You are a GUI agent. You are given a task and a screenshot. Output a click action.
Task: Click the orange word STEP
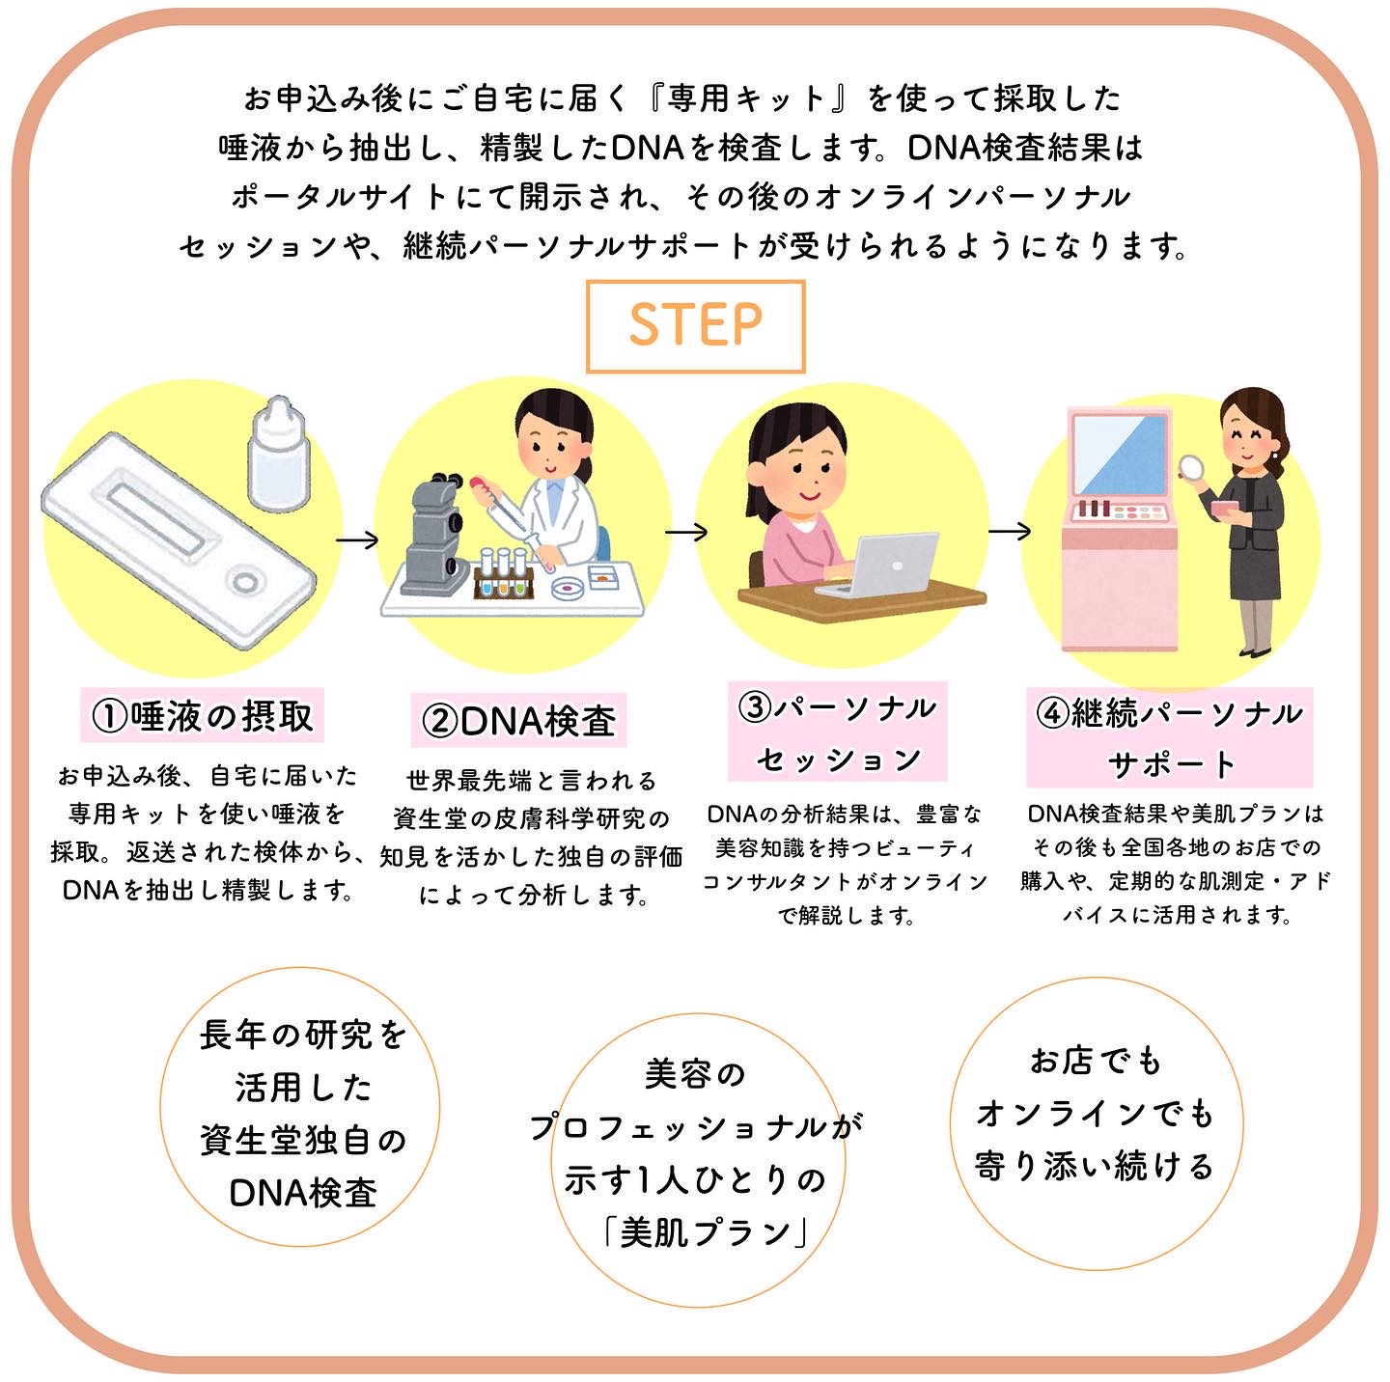click(695, 324)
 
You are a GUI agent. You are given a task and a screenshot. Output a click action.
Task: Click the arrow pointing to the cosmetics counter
click(1009, 532)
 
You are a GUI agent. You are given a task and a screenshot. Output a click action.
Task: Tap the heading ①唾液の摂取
click(202, 716)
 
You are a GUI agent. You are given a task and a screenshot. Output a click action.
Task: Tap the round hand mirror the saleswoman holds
click(1191, 468)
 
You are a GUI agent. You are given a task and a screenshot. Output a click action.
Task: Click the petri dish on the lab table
click(570, 588)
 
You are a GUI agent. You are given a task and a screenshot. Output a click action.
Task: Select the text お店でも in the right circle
click(1096, 1061)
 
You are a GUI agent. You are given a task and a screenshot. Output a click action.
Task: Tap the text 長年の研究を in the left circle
click(303, 1035)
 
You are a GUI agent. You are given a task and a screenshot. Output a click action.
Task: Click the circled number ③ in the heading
click(755, 707)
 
